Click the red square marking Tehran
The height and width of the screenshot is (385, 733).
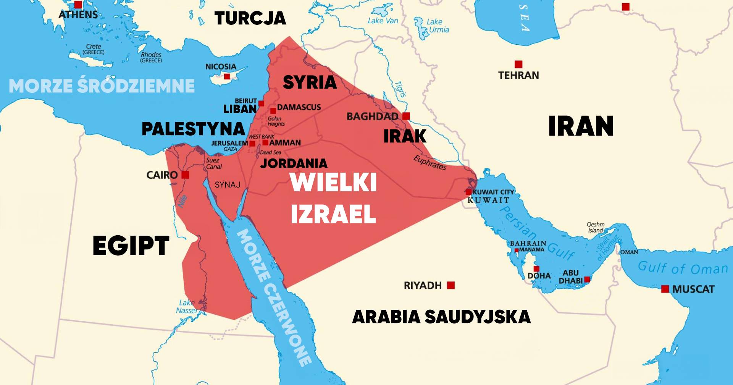click(518, 64)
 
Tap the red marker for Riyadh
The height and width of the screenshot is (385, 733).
click(451, 285)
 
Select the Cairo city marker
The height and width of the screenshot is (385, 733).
click(185, 175)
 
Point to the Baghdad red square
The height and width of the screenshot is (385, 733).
click(406, 116)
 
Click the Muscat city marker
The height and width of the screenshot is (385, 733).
click(665, 289)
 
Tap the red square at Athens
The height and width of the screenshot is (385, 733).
click(78, 5)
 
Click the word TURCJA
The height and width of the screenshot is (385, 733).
click(250, 18)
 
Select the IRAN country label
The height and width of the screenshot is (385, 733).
click(581, 126)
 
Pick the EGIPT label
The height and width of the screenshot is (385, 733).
click(131, 246)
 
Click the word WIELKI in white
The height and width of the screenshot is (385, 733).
click(333, 183)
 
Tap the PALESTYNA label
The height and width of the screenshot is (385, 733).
click(193, 129)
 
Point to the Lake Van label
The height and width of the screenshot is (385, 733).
click(383, 21)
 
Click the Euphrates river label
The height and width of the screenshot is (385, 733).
click(430, 163)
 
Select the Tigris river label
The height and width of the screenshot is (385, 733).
click(400, 89)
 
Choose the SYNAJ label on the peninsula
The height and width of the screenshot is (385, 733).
click(228, 185)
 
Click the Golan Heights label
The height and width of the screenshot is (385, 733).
click(276, 121)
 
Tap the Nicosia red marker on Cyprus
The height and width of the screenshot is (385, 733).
click(227, 76)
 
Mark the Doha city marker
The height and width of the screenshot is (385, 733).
click(536, 269)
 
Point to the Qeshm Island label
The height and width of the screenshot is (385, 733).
click(596, 227)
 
